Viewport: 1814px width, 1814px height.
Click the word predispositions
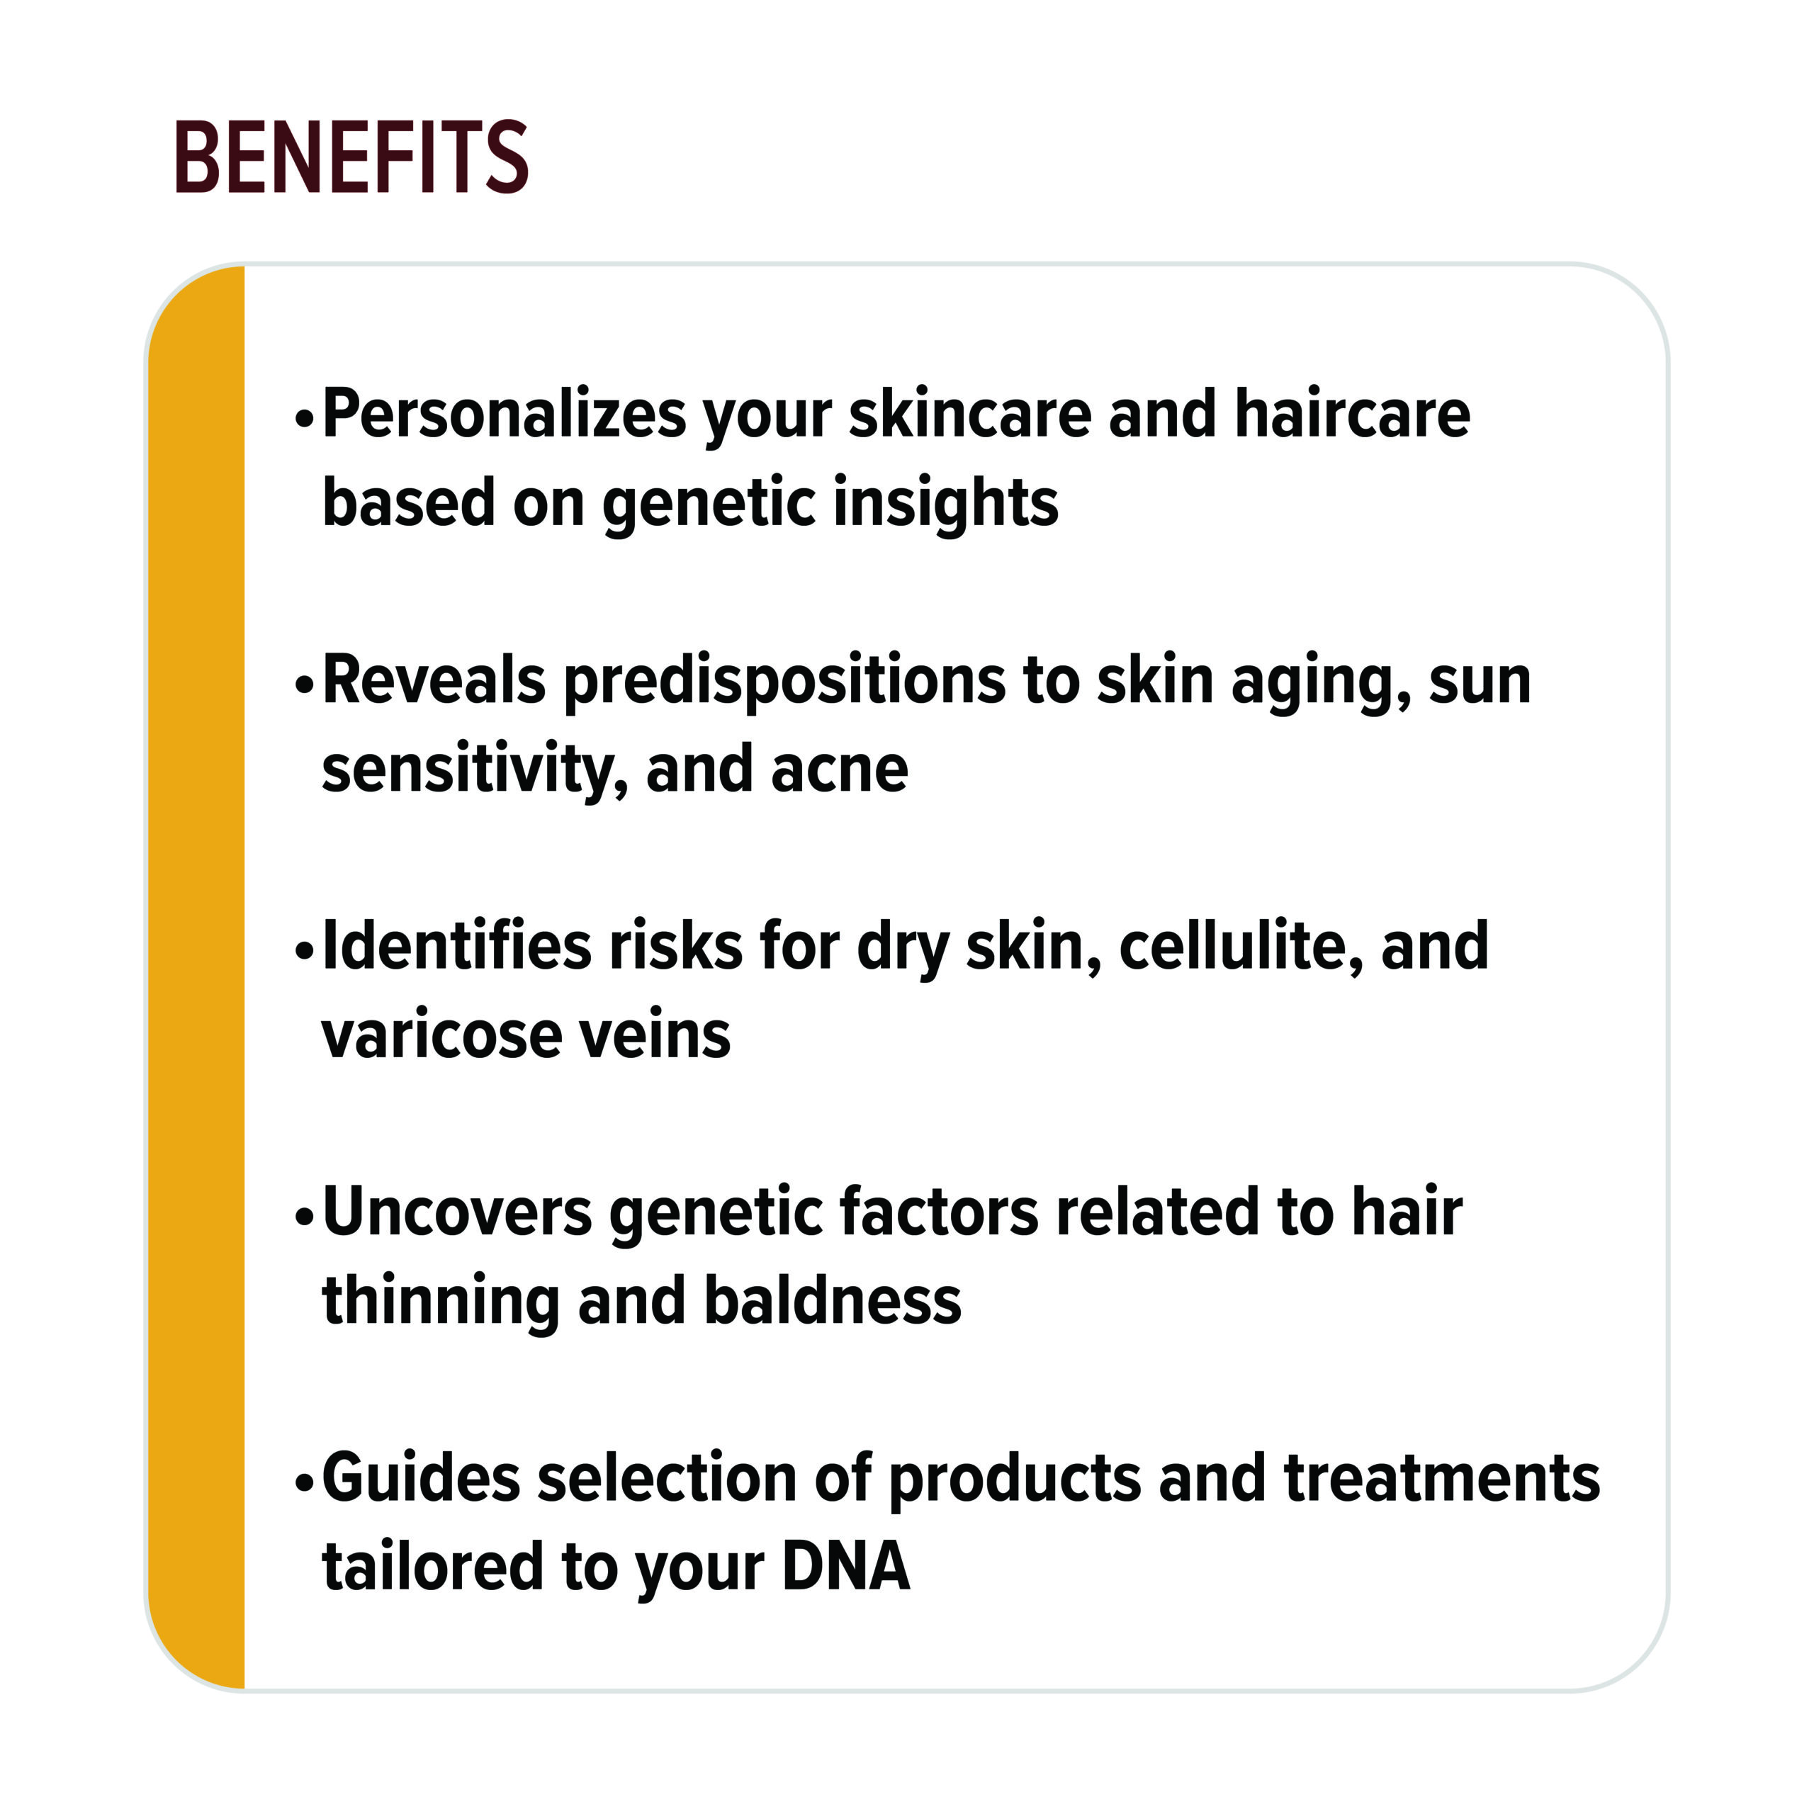(785, 681)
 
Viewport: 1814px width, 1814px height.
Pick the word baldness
(833, 1300)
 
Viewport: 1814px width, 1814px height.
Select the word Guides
(422, 1478)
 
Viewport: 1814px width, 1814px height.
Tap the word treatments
(1442, 1479)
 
